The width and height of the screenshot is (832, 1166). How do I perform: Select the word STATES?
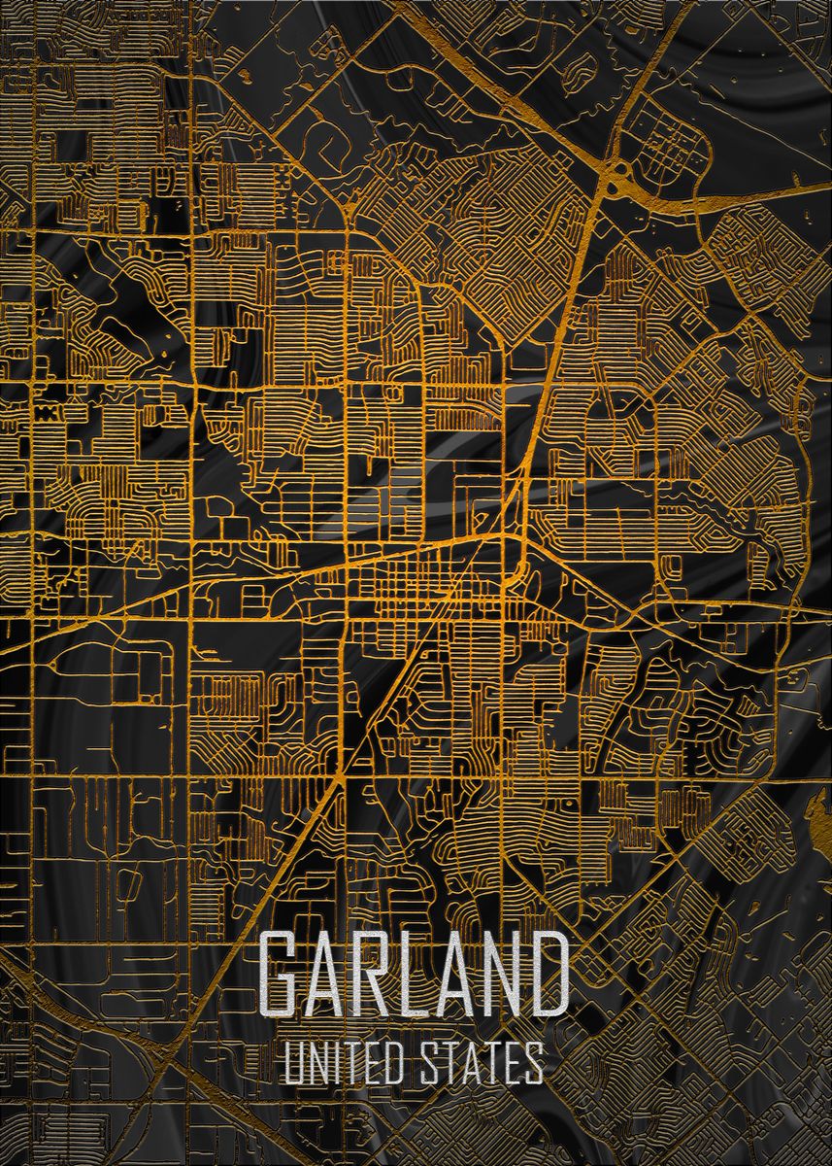481,1063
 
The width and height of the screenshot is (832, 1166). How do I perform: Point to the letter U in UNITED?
293,1063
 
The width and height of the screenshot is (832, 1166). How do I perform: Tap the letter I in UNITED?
336,1063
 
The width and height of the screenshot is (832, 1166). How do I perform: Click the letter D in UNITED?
393,1063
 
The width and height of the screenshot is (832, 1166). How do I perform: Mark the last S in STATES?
533,1063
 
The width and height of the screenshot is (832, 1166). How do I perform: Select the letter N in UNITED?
316,1063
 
